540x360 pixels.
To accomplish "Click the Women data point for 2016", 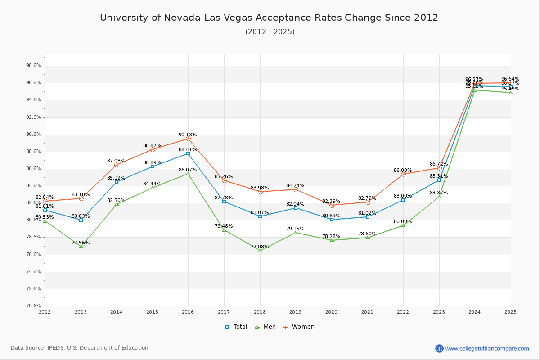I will pos(188,139).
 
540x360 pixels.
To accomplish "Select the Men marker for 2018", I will pos(260,251).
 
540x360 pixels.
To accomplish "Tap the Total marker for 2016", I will pos(188,154).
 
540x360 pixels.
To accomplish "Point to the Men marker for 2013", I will pos(81,247).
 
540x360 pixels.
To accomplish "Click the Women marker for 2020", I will pos(332,205).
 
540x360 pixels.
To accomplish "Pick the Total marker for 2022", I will pos(403,200).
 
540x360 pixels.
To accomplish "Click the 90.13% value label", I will pos(188,135).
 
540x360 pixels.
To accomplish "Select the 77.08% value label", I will pos(260,247).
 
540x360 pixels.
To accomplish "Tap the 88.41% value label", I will pos(188,149).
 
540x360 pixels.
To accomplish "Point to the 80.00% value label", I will pos(403,221).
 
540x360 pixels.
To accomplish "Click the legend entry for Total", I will pos(236,327).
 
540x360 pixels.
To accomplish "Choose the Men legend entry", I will pos(265,327).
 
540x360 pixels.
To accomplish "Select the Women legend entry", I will pos(299,327).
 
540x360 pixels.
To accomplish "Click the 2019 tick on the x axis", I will pos(296,311).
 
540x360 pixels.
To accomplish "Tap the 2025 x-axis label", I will pos(511,311).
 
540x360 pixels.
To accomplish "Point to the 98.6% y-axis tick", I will pos(34,66).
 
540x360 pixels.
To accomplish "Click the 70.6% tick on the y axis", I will pos(34,306).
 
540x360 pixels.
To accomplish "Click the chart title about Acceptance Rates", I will pos(269,18).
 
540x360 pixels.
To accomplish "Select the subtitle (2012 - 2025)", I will pos(270,32).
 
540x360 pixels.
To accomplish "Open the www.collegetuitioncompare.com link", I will pos(487,348).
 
